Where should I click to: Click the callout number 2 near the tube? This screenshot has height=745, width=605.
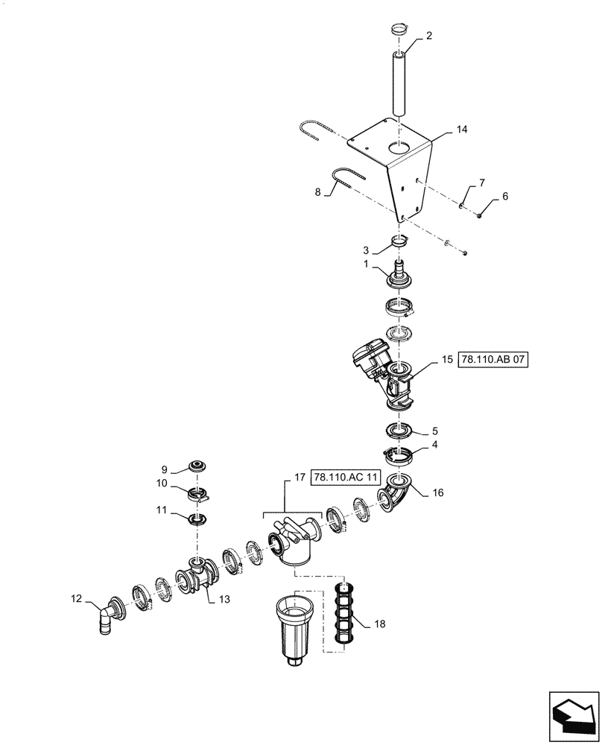pos(428,36)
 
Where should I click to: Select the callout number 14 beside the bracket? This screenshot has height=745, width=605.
pos(462,130)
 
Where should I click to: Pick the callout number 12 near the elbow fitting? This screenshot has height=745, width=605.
pos(76,597)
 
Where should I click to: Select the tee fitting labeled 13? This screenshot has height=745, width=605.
pos(196,577)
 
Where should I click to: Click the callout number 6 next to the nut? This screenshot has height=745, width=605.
pos(504,196)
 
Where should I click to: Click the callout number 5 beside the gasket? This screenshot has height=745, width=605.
pos(435,431)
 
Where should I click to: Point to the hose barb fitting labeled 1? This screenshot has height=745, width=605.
pos(399,276)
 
